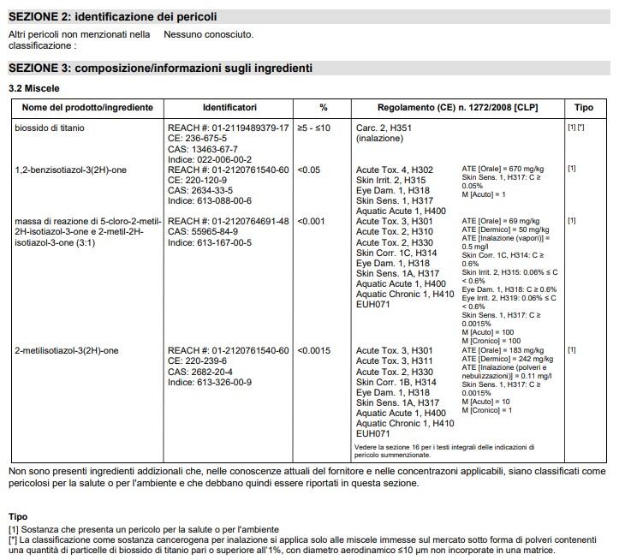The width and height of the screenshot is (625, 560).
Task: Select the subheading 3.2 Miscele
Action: [34, 88]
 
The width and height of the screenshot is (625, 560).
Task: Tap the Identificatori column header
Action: [229, 108]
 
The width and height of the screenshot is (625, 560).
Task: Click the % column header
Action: [324, 108]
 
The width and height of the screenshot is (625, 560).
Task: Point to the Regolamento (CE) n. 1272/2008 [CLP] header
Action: [457, 108]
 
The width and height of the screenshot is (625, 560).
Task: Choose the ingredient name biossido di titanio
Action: [50, 128]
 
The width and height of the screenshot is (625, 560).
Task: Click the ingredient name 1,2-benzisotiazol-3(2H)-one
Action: [71, 170]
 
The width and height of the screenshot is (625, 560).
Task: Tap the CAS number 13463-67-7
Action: [208, 149]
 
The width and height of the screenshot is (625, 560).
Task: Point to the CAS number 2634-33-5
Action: [205, 190]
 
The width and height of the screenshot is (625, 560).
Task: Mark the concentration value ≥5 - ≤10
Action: [313, 128]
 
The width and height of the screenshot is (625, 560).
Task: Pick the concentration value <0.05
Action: [308, 170]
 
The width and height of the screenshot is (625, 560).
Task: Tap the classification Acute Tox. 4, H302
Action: [395, 170]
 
